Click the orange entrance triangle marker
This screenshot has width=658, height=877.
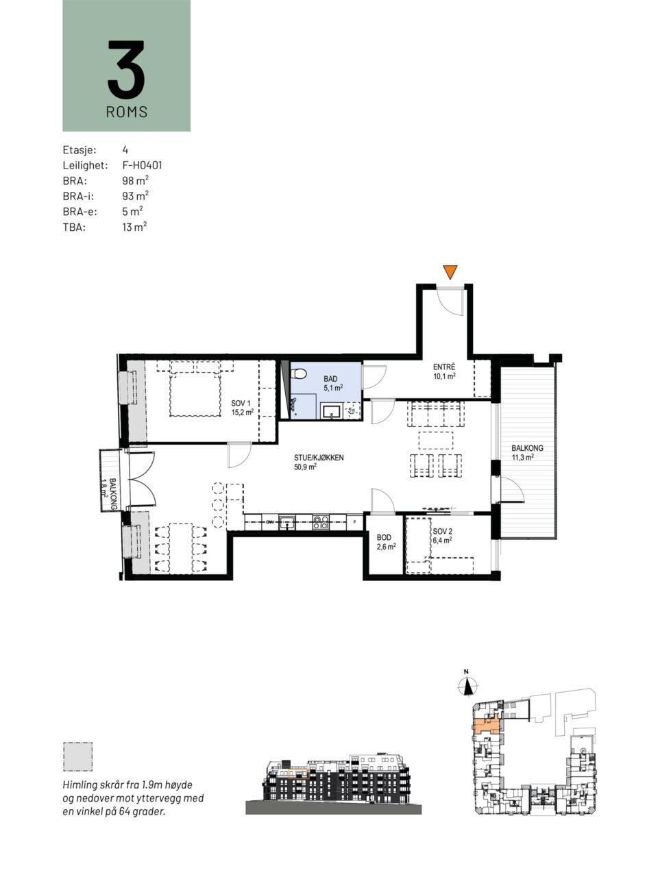(450, 272)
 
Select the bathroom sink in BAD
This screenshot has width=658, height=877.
(331, 411)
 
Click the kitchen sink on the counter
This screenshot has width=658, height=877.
(287, 522)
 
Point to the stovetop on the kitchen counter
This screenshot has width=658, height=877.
(321, 522)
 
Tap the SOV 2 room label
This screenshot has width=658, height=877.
(442, 532)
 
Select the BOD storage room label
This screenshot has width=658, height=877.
(384, 538)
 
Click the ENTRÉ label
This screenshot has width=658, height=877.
(444, 367)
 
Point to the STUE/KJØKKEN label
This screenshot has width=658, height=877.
(319, 458)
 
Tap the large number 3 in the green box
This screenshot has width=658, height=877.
(126, 69)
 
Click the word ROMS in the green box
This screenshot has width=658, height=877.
(127, 112)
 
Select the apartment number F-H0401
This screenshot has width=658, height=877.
(143, 165)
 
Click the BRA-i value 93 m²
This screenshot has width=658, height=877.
(136, 196)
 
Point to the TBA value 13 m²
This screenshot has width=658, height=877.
(134, 227)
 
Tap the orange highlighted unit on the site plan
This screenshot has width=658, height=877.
(487, 724)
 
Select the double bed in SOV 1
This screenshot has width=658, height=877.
(195, 388)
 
